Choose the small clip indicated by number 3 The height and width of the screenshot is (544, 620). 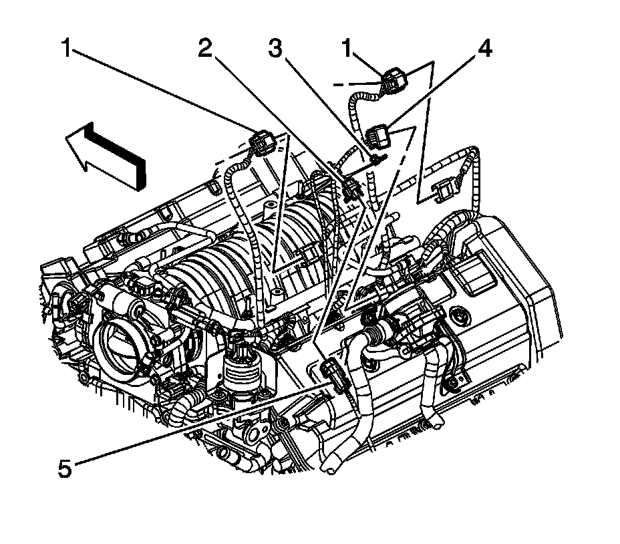(375, 159)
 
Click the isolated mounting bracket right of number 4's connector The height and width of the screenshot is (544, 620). (446, 189)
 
